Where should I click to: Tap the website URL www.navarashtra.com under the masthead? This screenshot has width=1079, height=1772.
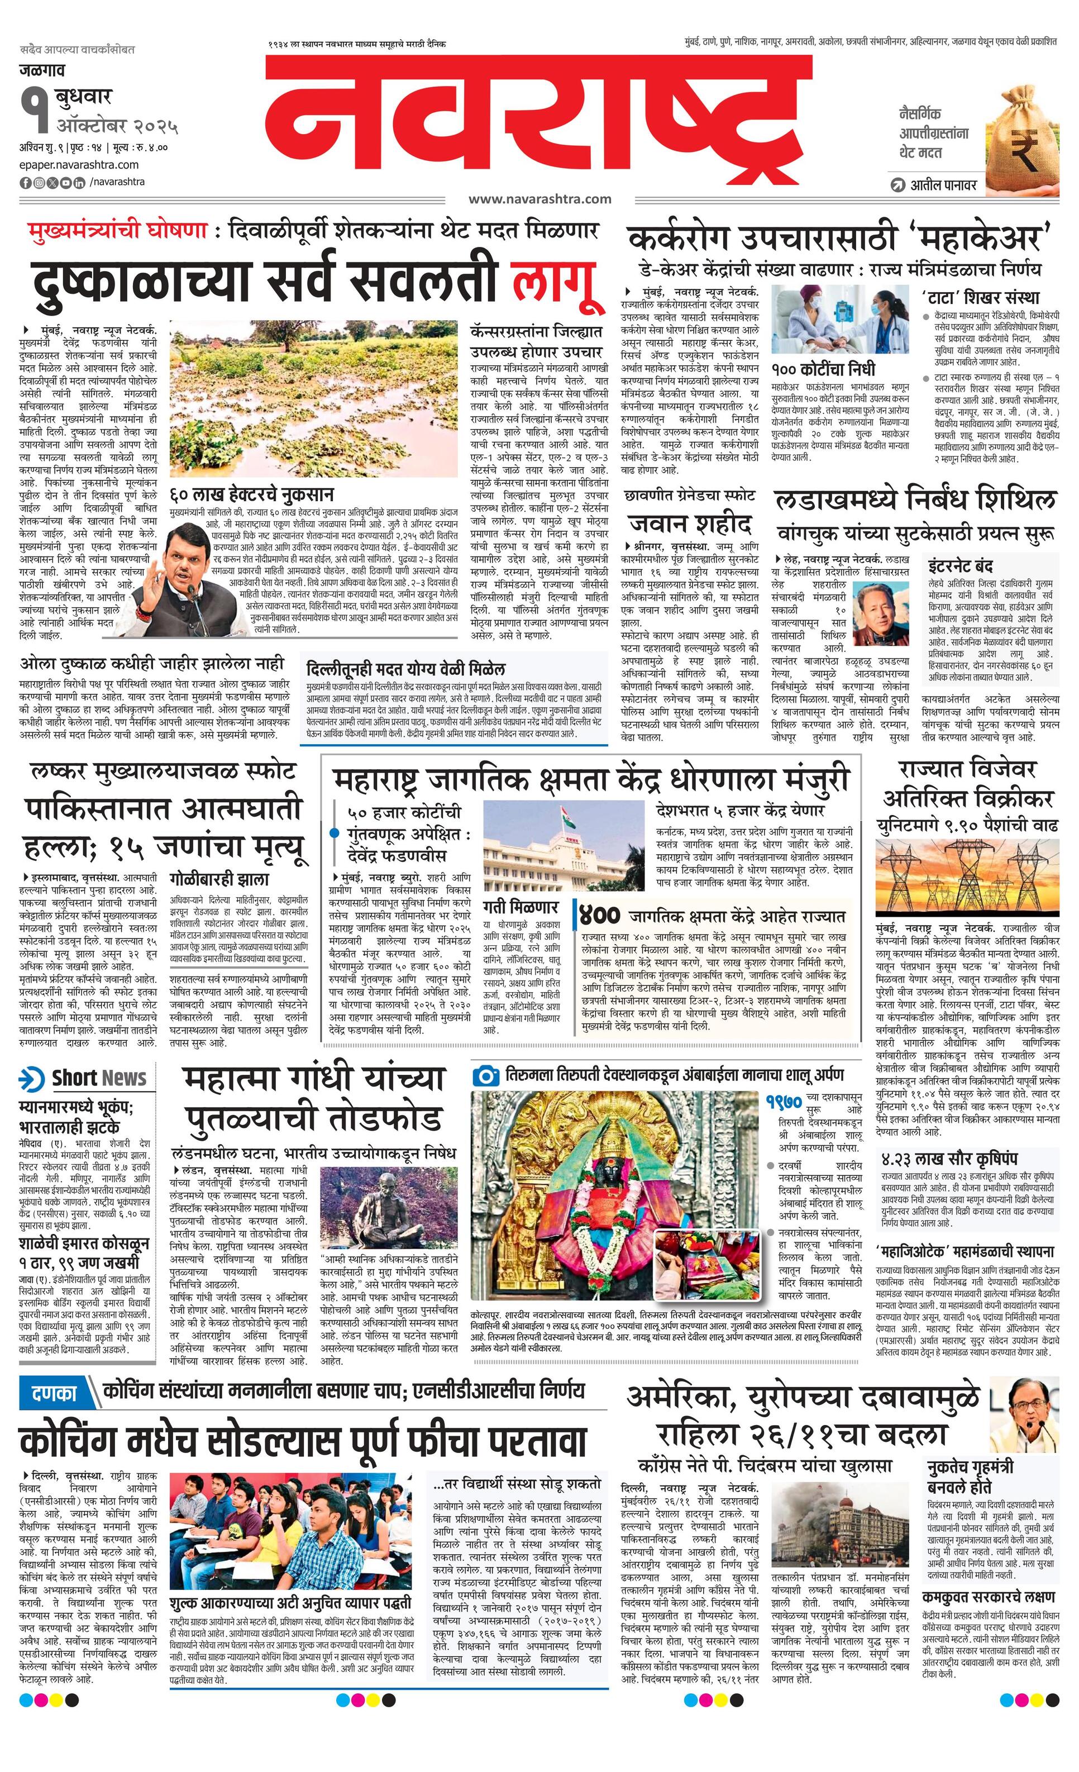[x=539, y=199]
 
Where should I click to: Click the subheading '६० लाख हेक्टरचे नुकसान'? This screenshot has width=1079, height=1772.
[x=251, y=495]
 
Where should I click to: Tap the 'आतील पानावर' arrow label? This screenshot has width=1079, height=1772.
[x=934, y=185]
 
